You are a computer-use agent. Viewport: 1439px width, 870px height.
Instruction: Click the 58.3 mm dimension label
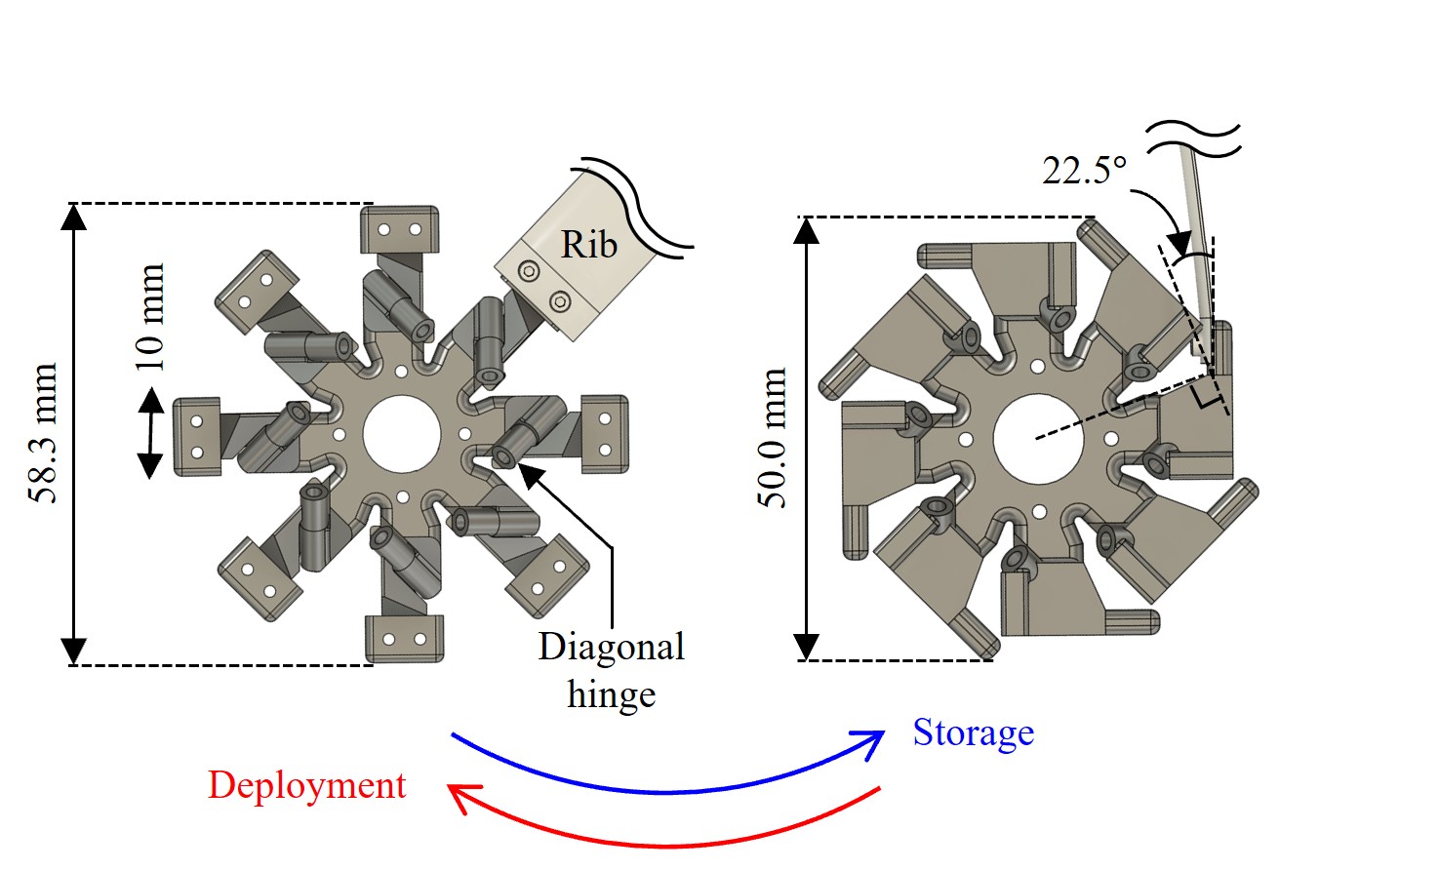pyautogui.click(x=43, y=433)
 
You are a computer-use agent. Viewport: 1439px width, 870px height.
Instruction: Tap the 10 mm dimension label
pyautogui.click(x=150, y=317)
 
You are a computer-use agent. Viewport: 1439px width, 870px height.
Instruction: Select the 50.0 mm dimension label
pyautogui.click(x=772, y=438)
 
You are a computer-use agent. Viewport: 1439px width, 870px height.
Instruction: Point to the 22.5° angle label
pyautogui.click(x=1085, y=171)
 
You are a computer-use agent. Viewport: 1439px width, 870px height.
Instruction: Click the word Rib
pyautogui.click(x=589, y=245)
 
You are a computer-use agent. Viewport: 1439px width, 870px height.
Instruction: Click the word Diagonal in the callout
pyautogui.click(x=612, y=647)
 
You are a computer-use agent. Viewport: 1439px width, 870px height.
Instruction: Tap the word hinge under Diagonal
pyautogui.click(x=612, y=694)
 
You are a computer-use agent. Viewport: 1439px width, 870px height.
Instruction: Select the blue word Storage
pyautogui.click(x=974, y=732)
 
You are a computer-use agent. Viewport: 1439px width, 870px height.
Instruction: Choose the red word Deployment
pyautogui.click(x=307, y=784)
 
